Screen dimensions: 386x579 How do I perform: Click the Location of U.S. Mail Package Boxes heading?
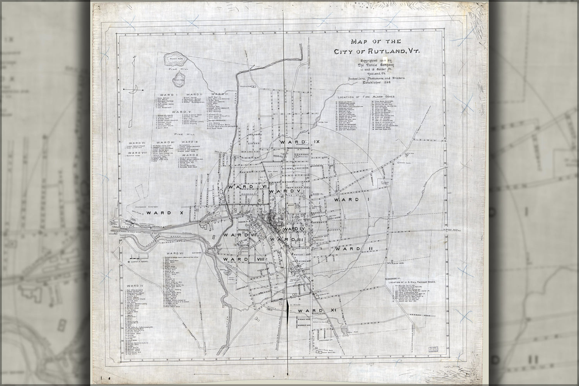413,282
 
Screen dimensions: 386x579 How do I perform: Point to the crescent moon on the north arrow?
133,90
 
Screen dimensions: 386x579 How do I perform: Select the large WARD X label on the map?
159,213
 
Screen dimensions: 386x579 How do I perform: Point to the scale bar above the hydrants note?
136,257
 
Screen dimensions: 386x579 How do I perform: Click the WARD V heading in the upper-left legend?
180,112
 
